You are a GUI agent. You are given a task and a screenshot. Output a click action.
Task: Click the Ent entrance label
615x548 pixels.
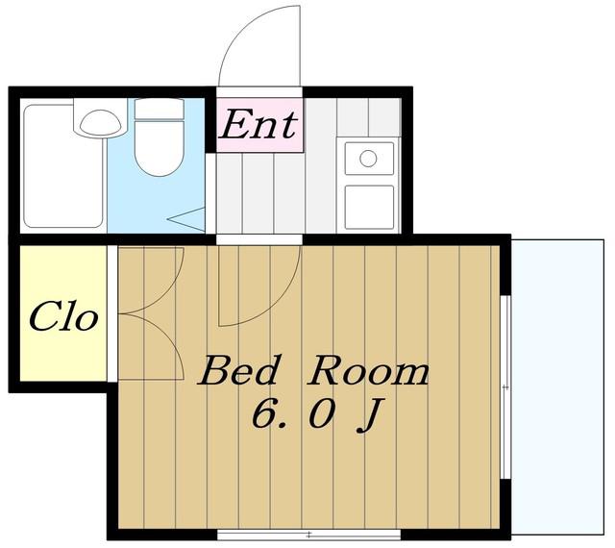pyautogui.click(x=258, y=124)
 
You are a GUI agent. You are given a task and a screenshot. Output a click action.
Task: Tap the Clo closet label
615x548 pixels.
pyautogui.click(x=62, y=316)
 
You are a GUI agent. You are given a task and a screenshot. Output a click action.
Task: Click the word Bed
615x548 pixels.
pyautogui.click(x=237, y=370)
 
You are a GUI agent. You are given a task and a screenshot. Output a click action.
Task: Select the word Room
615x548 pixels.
pyautogui.click(x=368, y=370)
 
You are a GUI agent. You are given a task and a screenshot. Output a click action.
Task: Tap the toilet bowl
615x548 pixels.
pyautogui.click(x=160, y=147)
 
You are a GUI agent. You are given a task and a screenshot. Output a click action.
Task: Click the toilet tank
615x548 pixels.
pyautogui.click(x=160, y=109)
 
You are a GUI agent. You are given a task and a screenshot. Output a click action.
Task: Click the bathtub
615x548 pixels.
pyautogui.click(x=63, y=165)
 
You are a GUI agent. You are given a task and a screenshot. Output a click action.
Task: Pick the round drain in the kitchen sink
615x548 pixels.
pyautogui.click(x=368, y=159)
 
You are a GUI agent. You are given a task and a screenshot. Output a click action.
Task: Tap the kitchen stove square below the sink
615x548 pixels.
pyautogui.click(x=369, y=208)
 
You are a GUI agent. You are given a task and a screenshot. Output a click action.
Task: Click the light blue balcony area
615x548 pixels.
pyautogui.click(x=557, y=386)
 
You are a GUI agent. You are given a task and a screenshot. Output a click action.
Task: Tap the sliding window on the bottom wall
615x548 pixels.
pyautogui.click(x=309, y=535)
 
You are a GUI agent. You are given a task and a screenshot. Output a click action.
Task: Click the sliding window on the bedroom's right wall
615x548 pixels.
pyautogui.click(x=506, y=387)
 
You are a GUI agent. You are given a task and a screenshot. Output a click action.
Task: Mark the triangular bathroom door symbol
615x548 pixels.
pyautogui.click(x=186, y=219)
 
